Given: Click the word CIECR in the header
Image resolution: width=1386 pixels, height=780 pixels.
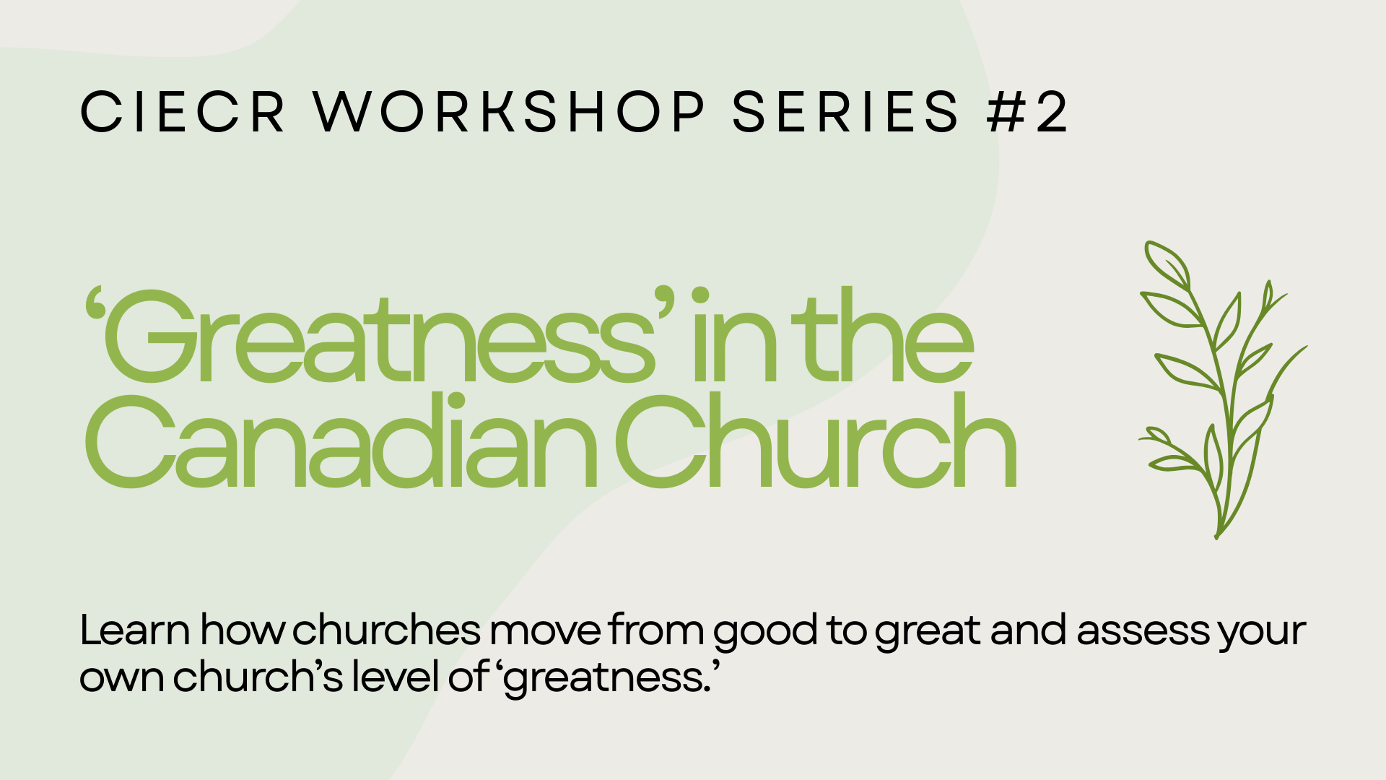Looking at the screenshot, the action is point(183,112).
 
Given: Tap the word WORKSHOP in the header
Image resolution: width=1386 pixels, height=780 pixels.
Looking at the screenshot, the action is point(509,112).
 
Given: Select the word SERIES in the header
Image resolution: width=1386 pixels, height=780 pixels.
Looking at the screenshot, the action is point(845,112).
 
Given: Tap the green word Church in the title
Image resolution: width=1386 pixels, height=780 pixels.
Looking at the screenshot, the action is point(816,440).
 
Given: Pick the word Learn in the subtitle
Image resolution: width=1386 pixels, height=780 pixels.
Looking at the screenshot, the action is point(135,630).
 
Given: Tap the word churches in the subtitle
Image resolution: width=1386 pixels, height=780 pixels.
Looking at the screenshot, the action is point(386,630).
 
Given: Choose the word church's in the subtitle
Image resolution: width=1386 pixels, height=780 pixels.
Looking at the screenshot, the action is point(258,677).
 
